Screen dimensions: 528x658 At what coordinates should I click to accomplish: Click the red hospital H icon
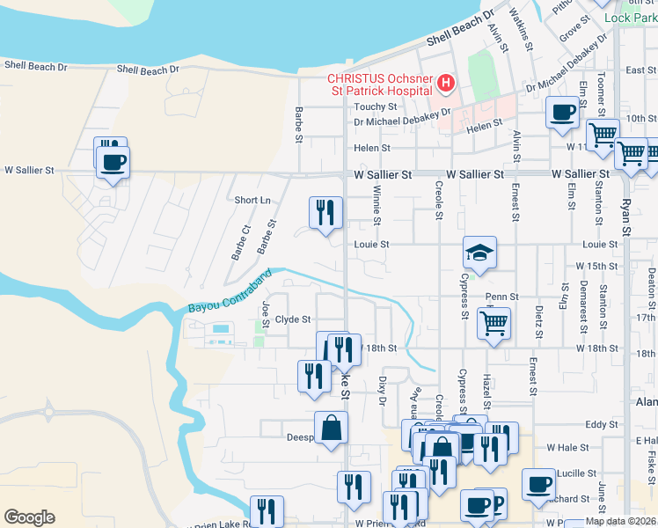tap(446, 84)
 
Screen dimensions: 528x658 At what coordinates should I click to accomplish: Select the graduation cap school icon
tap(479, 253)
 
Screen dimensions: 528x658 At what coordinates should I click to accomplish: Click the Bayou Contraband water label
tap(226, 302)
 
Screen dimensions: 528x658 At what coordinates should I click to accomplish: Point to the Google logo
tap(29, 517)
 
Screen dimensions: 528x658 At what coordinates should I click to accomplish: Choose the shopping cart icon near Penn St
tap(493, 322)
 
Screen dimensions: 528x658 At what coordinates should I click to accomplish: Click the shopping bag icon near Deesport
tap(332, 428)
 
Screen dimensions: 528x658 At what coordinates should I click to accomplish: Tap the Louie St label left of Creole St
tap(371, 245)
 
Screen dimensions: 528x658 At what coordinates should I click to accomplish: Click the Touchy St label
tap(376, 106)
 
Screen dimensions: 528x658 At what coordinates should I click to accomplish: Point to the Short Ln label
tap(252, 200)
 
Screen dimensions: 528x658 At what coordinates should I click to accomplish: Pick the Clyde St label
tap(293, 319)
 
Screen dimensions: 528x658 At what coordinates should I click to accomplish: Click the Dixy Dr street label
tap(382, 389)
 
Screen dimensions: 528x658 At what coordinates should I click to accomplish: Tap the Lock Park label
tap(636, 18)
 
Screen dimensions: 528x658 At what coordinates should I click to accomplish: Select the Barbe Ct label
tap(240, 242)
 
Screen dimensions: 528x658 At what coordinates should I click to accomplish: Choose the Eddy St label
tap(602, 425)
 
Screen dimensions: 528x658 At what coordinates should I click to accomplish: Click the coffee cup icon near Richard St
tap(538, 484)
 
